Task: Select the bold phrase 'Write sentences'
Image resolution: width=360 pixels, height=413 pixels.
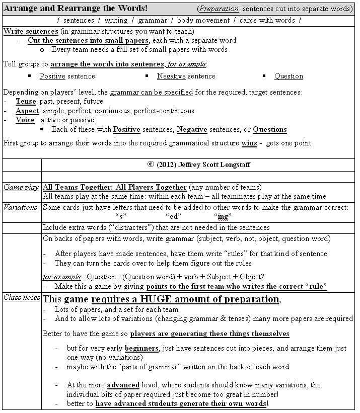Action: click(x=30, y=31)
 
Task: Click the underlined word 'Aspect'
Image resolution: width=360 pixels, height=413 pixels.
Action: click(x=27, y=111)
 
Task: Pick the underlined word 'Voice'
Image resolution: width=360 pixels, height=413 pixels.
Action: click(x=26, y=120)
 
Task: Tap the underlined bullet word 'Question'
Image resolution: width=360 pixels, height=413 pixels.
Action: click(x=289, y=76)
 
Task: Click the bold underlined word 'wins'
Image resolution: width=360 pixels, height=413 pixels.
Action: click(x=249, y=143)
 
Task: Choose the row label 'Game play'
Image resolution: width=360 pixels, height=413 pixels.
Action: click(x=21, y=188)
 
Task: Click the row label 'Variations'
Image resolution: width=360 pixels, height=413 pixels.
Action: click(x=21, y=207)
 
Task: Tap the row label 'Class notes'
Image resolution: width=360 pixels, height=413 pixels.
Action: click(x=22, y=298)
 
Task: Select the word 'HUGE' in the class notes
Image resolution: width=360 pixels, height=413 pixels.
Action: click(x=158, y=299)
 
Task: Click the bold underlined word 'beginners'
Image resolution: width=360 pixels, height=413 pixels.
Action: click(x=141, y=349)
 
